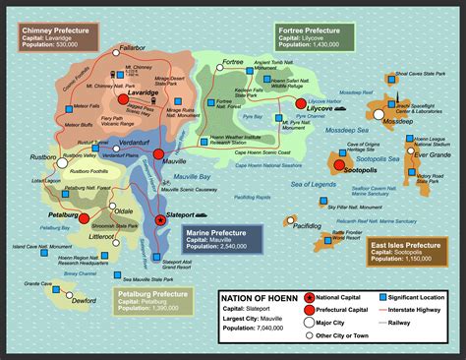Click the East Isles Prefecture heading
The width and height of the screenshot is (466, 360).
tap(404, 244)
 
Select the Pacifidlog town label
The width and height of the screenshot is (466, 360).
tap(308, 225)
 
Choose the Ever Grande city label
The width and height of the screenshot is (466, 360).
tap(431, 154)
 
